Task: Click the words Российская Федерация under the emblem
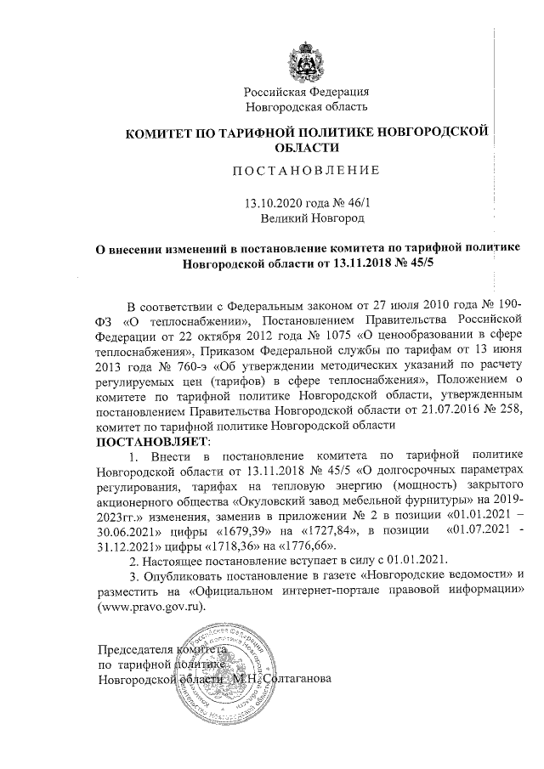click(x=306, y=92)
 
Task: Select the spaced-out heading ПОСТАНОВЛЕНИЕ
click(x=306, y=170)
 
